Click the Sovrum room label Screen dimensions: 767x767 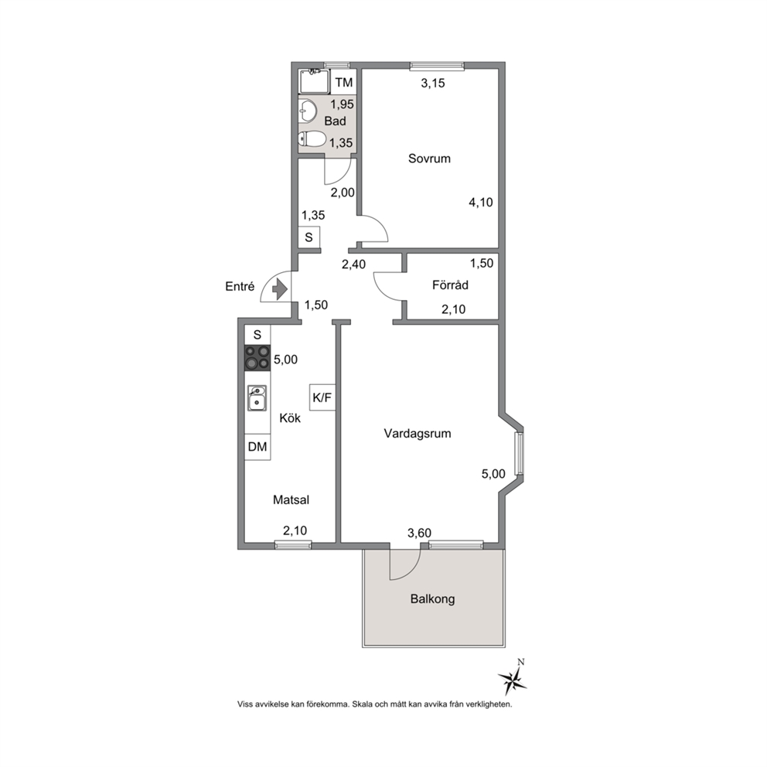tap(429, 159)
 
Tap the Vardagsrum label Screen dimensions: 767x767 tap(418, 434)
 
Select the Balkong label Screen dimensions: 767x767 tap(432, 598)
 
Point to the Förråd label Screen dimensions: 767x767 tap(450, 285)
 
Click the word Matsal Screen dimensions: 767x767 tap(291, 500)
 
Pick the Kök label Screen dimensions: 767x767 tap(290, 418)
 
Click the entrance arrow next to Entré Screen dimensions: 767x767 tap(279, 288)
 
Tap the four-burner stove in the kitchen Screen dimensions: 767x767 tap(257, 357)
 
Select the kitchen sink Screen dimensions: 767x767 tap(257, 397)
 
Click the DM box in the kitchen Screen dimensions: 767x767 tap(257, 447)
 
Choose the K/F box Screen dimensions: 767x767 tap(322, 397)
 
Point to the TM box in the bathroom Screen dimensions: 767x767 tap(344, 82)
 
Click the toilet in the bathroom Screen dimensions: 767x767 tap(312, 139)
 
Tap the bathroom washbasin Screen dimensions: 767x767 tap(307, 111)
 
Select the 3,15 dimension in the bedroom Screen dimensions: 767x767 tap(433, 84)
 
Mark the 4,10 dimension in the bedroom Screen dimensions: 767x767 tap(481, 202)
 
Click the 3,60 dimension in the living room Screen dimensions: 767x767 tap(419, 533)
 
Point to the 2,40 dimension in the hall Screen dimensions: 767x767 tap(353, 264)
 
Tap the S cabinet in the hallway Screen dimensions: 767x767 tap(309, 237)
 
